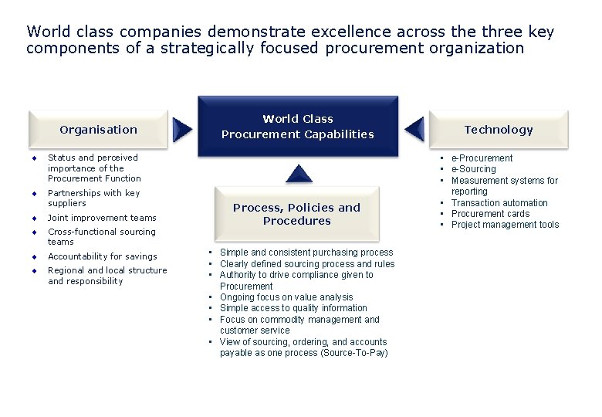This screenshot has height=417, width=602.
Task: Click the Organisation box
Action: click(x=98, y=129)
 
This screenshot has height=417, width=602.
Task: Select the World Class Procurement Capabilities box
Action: click(x=297, y=126)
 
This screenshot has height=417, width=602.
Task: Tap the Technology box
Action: click(x=498, y=129)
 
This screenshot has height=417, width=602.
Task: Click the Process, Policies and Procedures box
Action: click(x=296, y=214)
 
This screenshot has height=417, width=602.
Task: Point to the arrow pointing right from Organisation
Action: click(x=182, y=129)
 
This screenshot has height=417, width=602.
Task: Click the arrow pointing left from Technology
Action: click(x=414, y=129)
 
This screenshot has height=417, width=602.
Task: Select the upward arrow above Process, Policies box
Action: click(x=298, y=173)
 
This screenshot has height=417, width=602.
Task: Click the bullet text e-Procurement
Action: click(x=482, y=158)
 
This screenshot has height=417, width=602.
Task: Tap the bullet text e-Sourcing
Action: click(x=473, y=169)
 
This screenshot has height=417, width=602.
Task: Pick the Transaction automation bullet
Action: click(x=499, y=203)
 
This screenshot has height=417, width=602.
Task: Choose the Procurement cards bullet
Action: click(x=490, y=214)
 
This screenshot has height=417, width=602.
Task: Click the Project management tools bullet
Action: click(x=505, y=225)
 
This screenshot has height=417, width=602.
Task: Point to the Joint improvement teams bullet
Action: click(x=102, y=218)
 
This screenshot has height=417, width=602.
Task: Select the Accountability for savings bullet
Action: click(x=102, y=256)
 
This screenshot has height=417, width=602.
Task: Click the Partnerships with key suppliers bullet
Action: click(x=93, y=198)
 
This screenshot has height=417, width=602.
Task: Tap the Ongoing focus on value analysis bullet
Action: click(x=286, y=297)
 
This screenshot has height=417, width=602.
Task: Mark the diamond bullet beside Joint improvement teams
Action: click(x=35, y=218)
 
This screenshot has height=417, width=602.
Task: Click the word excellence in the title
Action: click(x=352, y=32)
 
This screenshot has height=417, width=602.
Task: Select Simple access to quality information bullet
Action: click(x=293, y=308)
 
